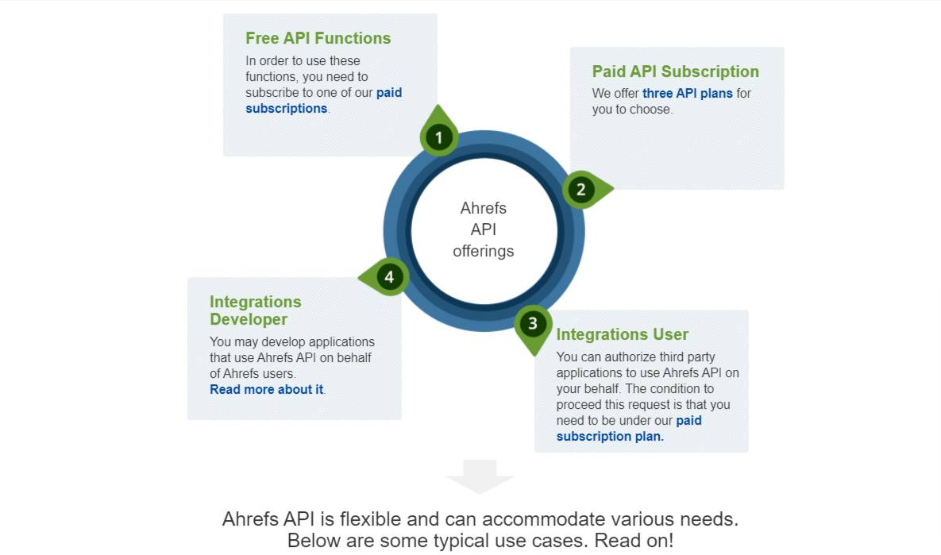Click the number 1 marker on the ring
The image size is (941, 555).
[438, 138]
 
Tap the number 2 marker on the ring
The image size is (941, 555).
[581, 190]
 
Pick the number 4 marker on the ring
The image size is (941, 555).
[389, 277]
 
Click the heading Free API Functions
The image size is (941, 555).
[318, 38]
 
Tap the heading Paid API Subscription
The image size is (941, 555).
[675, 71]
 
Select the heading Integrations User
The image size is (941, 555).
[622, 334]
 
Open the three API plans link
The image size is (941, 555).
[688, 94]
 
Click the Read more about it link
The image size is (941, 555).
[266, 390]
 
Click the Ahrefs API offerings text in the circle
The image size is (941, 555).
[484, 229]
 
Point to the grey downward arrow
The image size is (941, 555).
[480, 476]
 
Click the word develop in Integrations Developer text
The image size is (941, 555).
[283, 342]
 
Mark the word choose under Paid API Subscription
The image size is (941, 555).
[652, 110]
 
